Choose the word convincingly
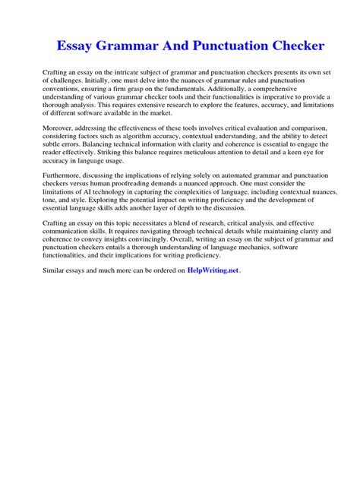point(141,238)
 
